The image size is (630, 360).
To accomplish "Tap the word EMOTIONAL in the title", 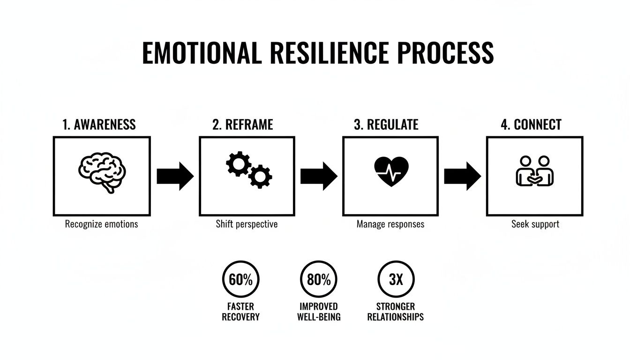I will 202,53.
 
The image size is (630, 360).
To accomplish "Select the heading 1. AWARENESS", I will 99,125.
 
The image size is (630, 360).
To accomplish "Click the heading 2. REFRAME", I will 242,125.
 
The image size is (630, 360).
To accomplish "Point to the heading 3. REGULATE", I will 386,125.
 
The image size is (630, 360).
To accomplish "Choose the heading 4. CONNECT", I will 531,125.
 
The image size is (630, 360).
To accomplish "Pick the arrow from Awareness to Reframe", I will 174,176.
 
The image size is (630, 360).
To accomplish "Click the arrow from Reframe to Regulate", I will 318,176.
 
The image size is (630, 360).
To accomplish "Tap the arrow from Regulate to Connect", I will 462,176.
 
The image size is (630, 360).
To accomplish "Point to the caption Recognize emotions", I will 101,224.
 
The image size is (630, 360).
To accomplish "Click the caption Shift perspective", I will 247,224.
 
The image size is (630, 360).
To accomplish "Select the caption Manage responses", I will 390,224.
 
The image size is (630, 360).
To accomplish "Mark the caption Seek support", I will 535,224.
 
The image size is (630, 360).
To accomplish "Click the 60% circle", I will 240,280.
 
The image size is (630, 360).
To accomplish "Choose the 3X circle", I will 396,280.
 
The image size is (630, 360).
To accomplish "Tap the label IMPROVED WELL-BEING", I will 319,312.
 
